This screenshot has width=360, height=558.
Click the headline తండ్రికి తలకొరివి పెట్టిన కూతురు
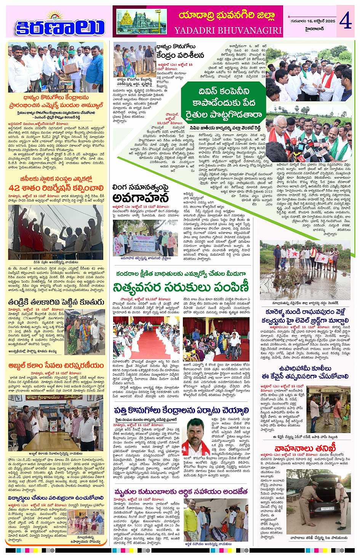56,302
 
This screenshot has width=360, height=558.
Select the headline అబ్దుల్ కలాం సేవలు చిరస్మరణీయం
56,365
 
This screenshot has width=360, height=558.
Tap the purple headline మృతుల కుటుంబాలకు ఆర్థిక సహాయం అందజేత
181,492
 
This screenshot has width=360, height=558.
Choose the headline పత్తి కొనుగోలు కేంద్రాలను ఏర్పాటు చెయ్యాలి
181,410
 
